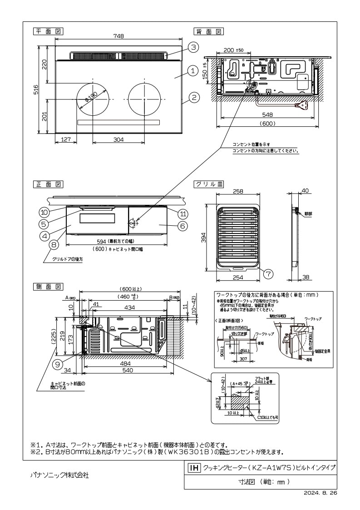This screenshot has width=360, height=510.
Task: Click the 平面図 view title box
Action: tap(48, 31)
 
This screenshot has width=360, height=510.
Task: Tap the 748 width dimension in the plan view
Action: tap(119, 36)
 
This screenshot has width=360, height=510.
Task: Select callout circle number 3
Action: tap(193, 47)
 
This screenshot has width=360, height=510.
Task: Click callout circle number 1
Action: tap(192, 70)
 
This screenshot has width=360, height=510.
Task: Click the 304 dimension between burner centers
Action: tap(118, 140)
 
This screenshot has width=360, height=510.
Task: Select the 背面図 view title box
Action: tap(208, 31)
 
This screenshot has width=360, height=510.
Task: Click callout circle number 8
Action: tap(54, 244)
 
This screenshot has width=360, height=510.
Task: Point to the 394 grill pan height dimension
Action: tap(204, 238)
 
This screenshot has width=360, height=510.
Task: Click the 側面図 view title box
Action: tap(48, 287)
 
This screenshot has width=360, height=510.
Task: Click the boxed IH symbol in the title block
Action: tap(193, 467)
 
